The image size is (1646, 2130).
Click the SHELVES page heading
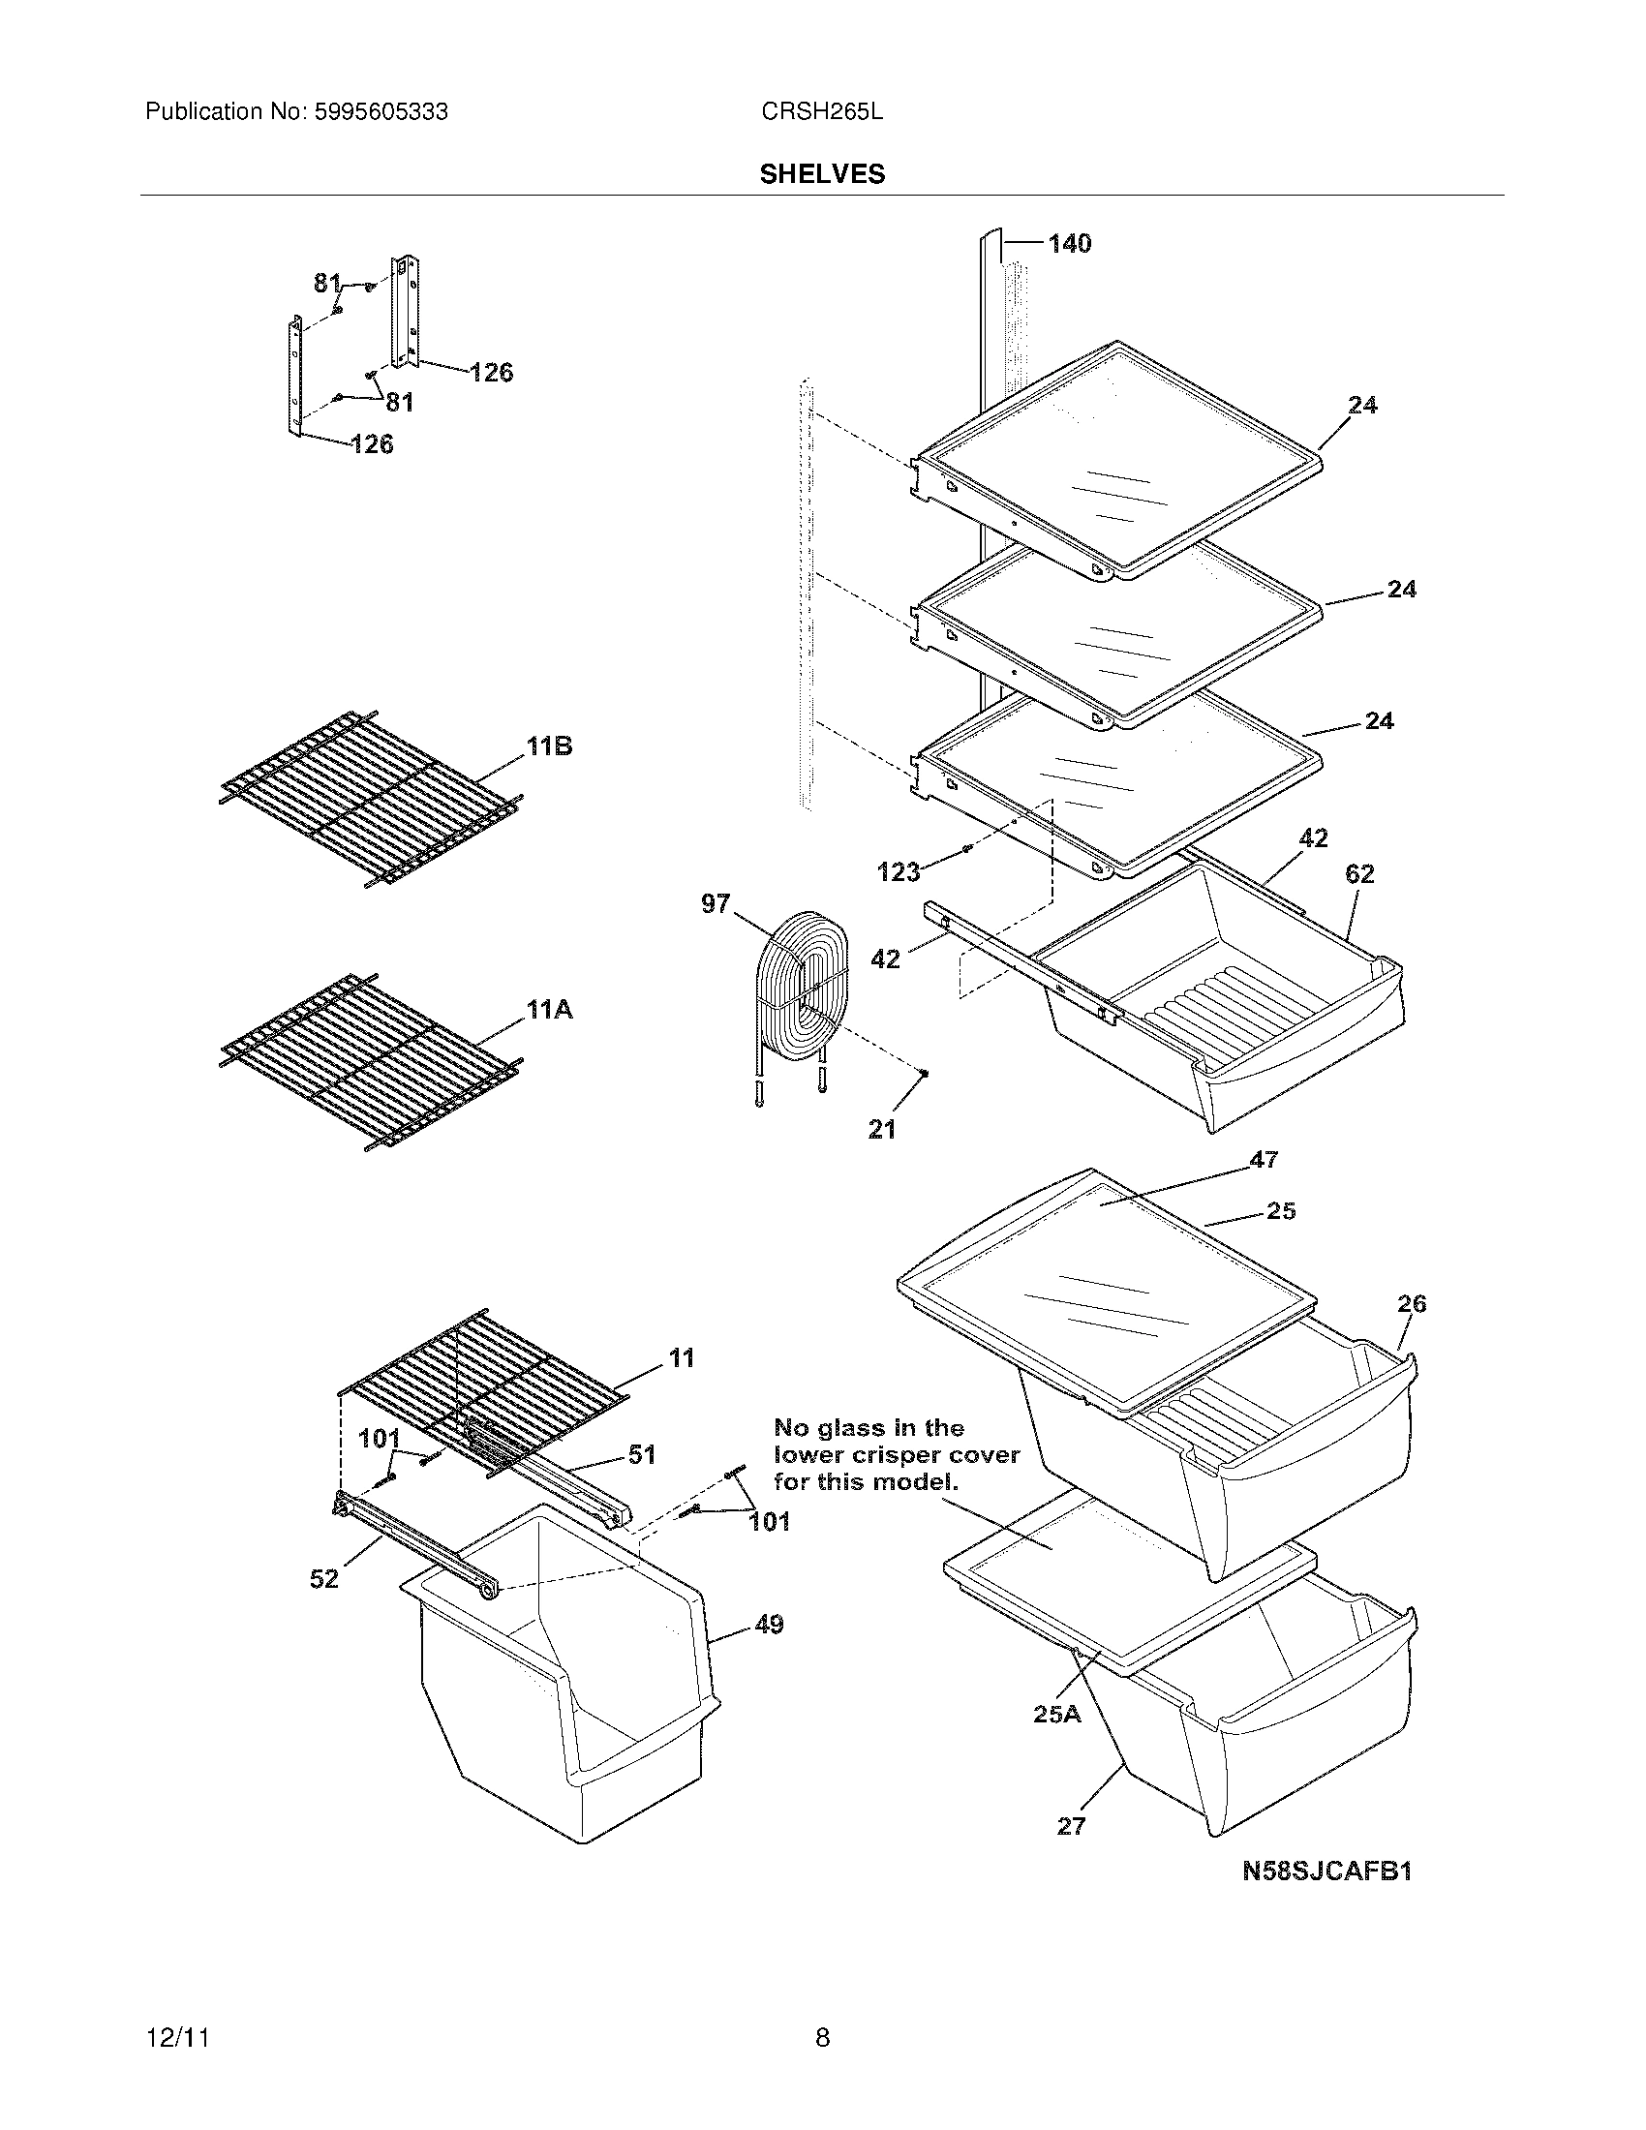[822, 174]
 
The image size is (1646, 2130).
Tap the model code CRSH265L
[822, 112]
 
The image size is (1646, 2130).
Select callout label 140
[1070, 244]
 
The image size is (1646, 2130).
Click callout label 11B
[550, 747]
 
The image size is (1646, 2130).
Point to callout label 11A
[550, 1011]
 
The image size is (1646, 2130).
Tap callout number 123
[899, 872]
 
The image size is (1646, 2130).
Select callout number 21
[881, 1129]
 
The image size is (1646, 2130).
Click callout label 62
[1359, 874]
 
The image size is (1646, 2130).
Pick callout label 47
[1264, 1160]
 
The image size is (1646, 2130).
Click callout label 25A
[1057, 1713]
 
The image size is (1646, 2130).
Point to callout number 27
[1071, 1826]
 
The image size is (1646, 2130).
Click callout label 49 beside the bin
[770, 1625]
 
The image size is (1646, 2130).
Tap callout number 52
[323, 1578]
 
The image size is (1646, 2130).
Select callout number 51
[642, 1455]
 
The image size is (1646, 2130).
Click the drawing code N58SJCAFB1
[1327, 1871]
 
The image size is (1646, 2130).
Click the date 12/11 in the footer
[177, 2037]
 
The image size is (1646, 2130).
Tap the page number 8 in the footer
[822, 2037]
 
